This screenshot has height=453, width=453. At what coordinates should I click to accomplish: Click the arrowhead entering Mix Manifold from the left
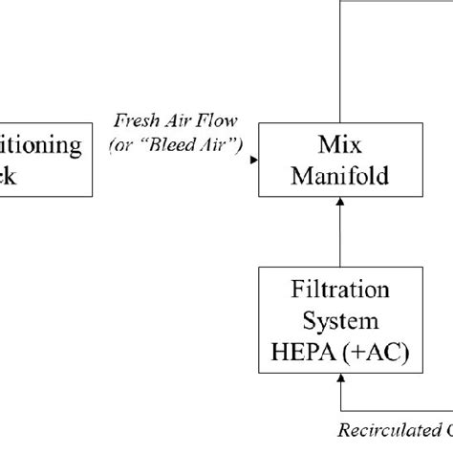[253, 161]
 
